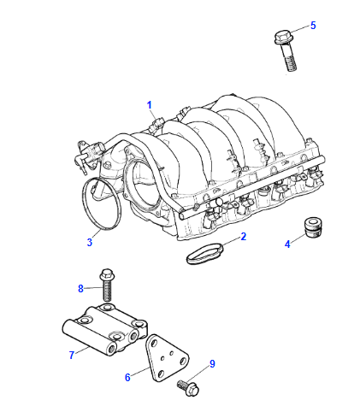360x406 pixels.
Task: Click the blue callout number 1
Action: click(x=150, y=105)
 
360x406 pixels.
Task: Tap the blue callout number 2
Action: click(x=243, y=237)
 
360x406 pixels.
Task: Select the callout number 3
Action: click(x=90, y=243)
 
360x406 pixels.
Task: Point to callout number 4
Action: click(x=287, y=244)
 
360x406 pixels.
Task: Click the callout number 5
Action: click(x=313, y=26)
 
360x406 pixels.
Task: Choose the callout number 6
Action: click(x=127, y=377)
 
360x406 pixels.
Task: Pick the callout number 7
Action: click(x=72, y=355)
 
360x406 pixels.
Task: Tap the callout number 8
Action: click(x=80, y=289)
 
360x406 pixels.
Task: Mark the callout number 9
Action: click(x=212, y=364)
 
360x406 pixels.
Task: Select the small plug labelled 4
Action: click(x=313, y=227)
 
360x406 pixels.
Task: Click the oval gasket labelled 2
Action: click(x=205, y=253)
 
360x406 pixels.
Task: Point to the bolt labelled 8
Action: click(x=106, y=285)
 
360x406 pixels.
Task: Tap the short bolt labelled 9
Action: click(x=188, y=387)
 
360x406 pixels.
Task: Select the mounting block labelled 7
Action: click(x=104, y=330)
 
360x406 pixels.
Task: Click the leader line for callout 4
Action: click(x=298, y=238)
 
